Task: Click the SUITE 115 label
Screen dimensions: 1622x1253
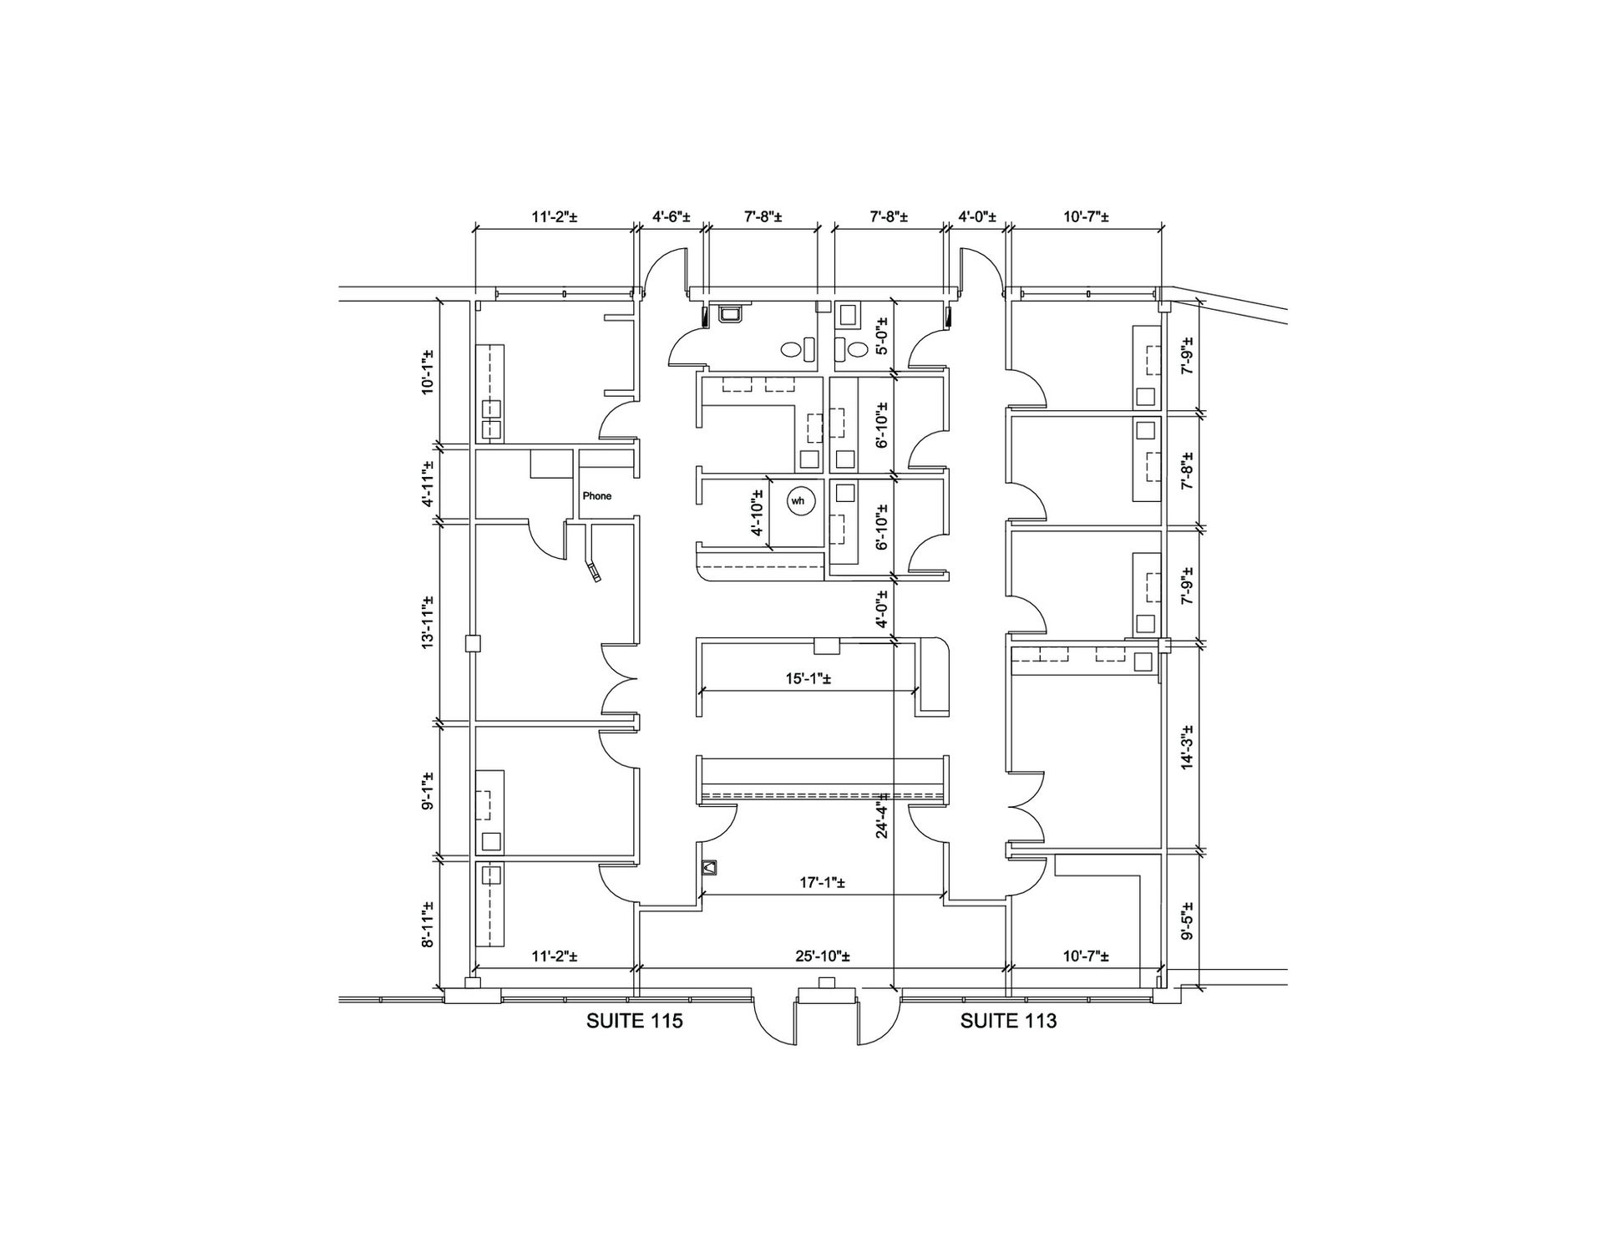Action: point(635,1021)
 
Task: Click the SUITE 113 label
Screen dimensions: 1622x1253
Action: point(1008,1021)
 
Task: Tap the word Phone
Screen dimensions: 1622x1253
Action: point(597,496)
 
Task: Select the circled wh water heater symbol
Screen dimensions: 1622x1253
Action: point(798,501)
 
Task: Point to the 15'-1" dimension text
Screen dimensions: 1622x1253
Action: point(808,679)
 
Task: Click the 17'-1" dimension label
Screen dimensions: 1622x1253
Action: point(822,883)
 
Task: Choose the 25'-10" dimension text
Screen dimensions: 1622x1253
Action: point(824,956)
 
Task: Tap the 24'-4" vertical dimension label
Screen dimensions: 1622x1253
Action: point(882,818)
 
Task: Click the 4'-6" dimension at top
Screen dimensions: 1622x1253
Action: point(671,217)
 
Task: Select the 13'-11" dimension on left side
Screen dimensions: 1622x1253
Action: point(428,622)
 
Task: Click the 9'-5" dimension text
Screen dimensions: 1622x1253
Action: point(1187,921)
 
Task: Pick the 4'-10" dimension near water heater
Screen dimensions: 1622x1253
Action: point(758,513)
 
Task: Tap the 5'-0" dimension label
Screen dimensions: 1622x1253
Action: point(882,337)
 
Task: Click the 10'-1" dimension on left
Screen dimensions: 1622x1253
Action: point(428,372)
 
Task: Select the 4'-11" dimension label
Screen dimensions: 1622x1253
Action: point(428,484)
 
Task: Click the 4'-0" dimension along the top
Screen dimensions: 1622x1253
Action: point(976,217)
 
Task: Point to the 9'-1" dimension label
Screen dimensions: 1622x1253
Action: point(428,792)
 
